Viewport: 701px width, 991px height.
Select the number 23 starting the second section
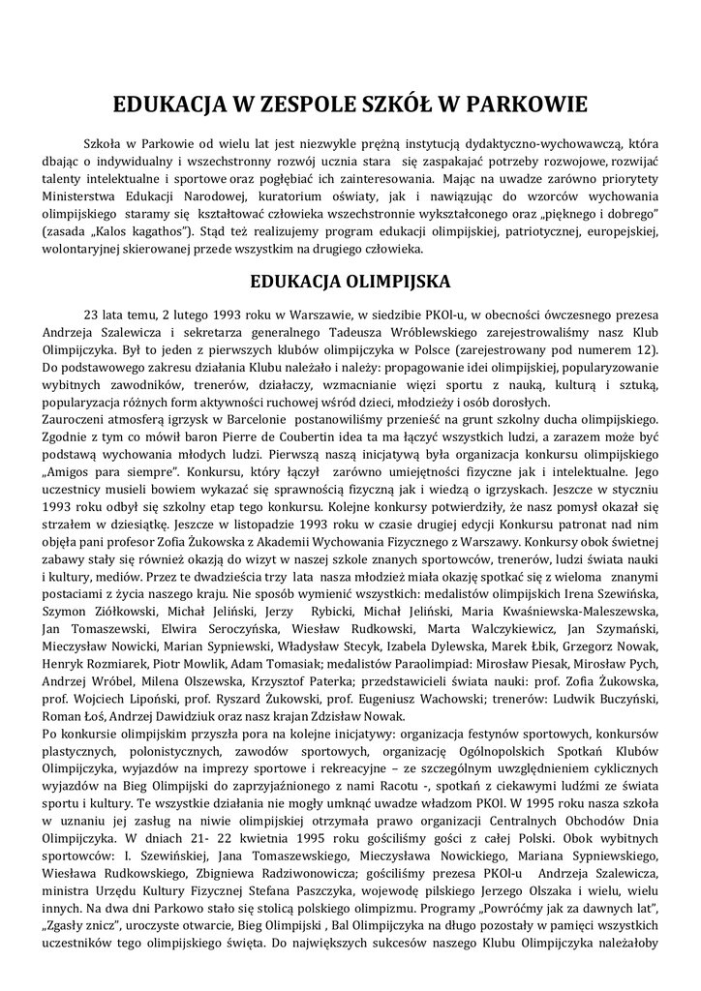click(x=92, y=315)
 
